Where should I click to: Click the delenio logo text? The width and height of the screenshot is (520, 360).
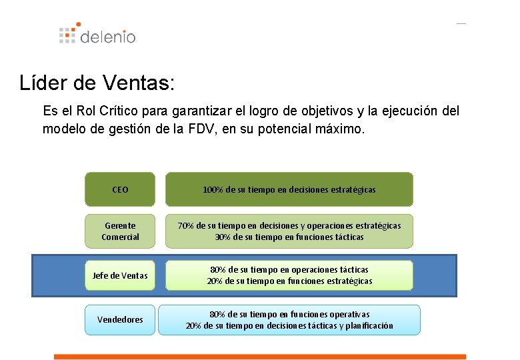coord(108,37)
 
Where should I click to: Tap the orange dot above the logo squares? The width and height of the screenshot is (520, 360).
coord(78,24)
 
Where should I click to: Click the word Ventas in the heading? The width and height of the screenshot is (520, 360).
coord(138,82)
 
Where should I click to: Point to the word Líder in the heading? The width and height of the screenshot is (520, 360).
coord(43,82)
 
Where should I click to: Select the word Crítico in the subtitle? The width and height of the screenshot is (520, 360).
coord(119,111)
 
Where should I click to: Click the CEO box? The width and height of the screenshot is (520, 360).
coord(120,189)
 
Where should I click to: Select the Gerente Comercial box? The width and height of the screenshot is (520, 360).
coord(120,231)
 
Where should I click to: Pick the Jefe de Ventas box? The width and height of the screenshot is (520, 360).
coord(120,275)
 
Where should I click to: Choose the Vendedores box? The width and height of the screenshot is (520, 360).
coord(120,319)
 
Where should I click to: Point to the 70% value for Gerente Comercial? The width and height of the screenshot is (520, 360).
coord(186,226)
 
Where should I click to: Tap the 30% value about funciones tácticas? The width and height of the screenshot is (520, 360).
coord(223,237)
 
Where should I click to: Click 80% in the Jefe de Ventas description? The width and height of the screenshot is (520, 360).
coord(218,269)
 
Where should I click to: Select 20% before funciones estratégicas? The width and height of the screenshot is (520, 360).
coord(215,281)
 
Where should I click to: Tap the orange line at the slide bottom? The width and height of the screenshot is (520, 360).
coord(260,357)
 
